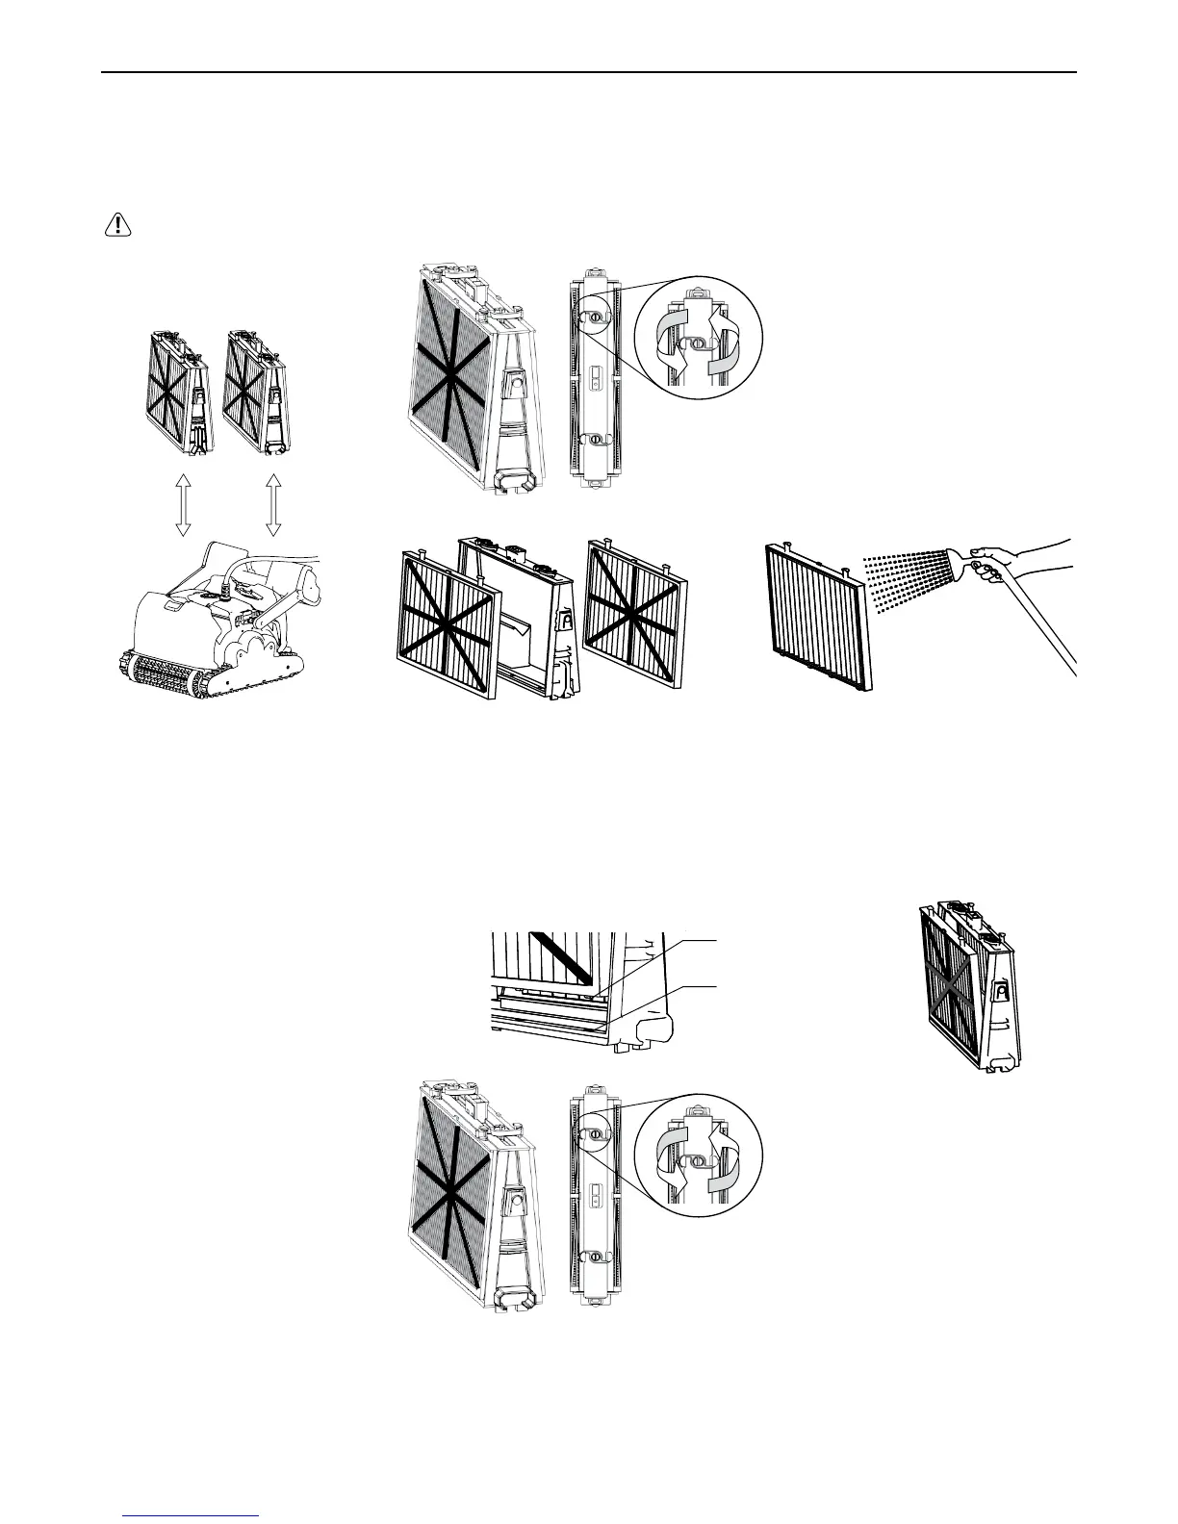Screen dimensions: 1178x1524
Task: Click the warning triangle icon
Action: (x=117, y=224)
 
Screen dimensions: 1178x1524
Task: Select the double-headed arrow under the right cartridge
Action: (x=273, y=505)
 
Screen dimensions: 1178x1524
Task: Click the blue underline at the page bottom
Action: (x=192, y=1515)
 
